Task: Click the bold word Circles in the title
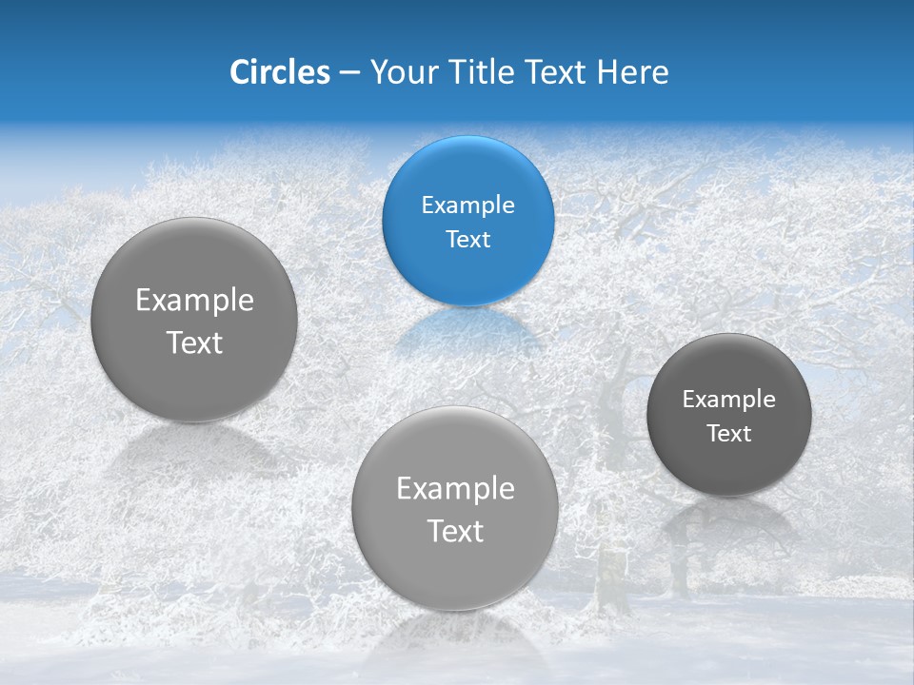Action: [x=280, y=72]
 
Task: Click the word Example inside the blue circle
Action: [x=467, y=205]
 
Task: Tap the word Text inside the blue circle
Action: [x=467, y=240]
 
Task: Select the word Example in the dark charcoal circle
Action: [x=728, y=400]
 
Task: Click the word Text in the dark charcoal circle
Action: [x=728, y=434]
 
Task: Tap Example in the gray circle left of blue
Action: [x=194, y=301]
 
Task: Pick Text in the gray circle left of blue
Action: [x=194, y=342]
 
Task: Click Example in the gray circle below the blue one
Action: [x=455, y=489]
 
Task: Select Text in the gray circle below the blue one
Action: [x=455, y=531]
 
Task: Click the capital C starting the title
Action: [x=239, y=72]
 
